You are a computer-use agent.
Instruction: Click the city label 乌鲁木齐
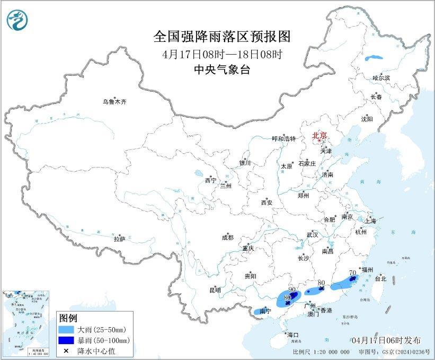click(x=115, y=101)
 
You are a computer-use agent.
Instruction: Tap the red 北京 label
click(x=320, y=135)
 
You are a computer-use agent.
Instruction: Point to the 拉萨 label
click(x=119, y=239)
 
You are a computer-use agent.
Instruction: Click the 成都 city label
click(x=228, y=238)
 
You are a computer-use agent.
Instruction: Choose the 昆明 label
click(x=215, y=290)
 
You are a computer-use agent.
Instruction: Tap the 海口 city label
click(x=293, y=335)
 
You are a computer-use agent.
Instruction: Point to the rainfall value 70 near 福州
click(x=352, y=273)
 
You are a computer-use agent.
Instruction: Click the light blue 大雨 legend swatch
click(x=67, y=330)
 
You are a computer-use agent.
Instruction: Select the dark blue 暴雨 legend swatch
click(x=67, y=340)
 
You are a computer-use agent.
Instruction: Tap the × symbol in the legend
click(x=67, y=350)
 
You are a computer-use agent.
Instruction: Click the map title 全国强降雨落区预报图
click(x=222, y=37)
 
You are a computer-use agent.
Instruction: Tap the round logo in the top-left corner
click(x=17, y=20)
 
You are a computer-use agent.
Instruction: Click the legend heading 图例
click(x=68, y=318)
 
